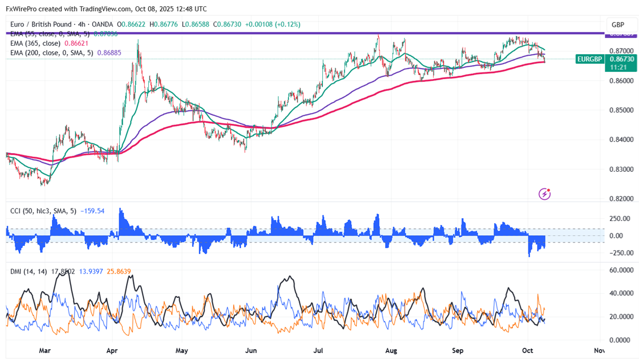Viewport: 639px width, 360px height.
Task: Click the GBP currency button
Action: click(618, 25)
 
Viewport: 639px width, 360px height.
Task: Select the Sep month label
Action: click(458, 350)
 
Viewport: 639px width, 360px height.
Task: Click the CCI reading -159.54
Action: click(93, 211)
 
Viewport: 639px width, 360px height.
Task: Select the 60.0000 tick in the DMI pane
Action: click(619, 270)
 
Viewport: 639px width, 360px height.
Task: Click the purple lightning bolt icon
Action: click(545, 194)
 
